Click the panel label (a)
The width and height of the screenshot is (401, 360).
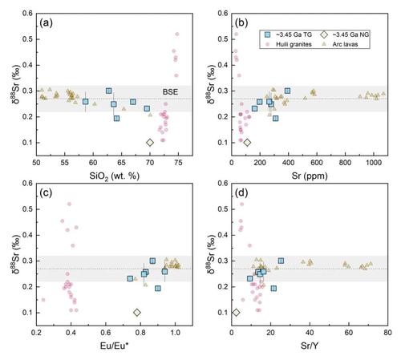tap(46, 23)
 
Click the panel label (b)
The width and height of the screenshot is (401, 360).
tap(241, 23)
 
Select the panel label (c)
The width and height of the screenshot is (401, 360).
tap(46, 192)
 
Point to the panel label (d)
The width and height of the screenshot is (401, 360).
tap(241, 192)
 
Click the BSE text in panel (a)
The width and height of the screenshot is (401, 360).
tap(170, 92)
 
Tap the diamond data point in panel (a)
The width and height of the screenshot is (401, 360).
tap(150, 143)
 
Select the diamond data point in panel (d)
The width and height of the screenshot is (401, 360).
tap(236, 312)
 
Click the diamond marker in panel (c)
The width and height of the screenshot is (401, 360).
tap(137, 312)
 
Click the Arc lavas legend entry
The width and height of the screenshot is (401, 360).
tap(341, 44)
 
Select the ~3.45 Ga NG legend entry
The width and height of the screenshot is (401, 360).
tap(345, 34)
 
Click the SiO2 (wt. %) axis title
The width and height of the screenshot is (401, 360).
tap(115, 176)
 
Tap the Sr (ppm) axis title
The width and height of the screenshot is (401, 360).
tap(310, 176)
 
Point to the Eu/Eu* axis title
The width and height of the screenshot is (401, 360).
tap(115, 346)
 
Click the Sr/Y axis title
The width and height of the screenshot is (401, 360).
tap(310, 346)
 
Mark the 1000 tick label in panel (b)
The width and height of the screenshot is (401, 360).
tap(374, 163)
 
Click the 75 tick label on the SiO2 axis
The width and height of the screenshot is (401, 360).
tap(178, 163)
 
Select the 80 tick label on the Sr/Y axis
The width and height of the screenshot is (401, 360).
tap(387, 332)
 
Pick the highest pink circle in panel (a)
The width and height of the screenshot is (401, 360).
tap(177, 34)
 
